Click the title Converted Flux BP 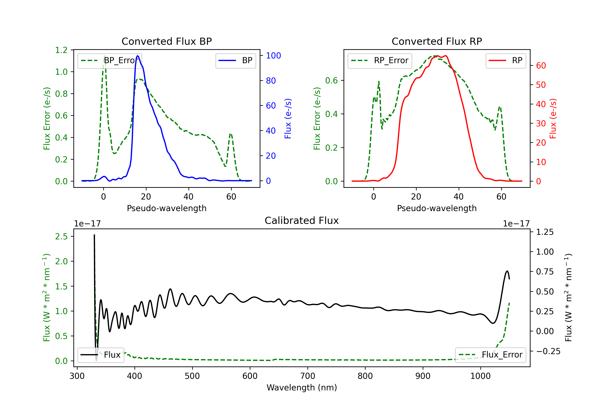point(166,41)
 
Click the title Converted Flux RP point(437,41)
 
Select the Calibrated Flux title point(302,221)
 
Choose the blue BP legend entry point(235,60)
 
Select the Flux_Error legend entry point(490,355)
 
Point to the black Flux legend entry point(101,355)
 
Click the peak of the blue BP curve point(138,56)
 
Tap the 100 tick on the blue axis point(273,56)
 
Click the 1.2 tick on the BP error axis point(61,50)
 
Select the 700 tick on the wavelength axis point(308,376)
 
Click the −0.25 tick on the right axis point(548,351)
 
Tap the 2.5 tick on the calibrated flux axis point(61,236)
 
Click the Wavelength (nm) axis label point(302,387)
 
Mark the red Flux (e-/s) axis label point(553,118)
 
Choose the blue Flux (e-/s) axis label point(288,118)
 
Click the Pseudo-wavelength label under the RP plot point(437,208)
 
